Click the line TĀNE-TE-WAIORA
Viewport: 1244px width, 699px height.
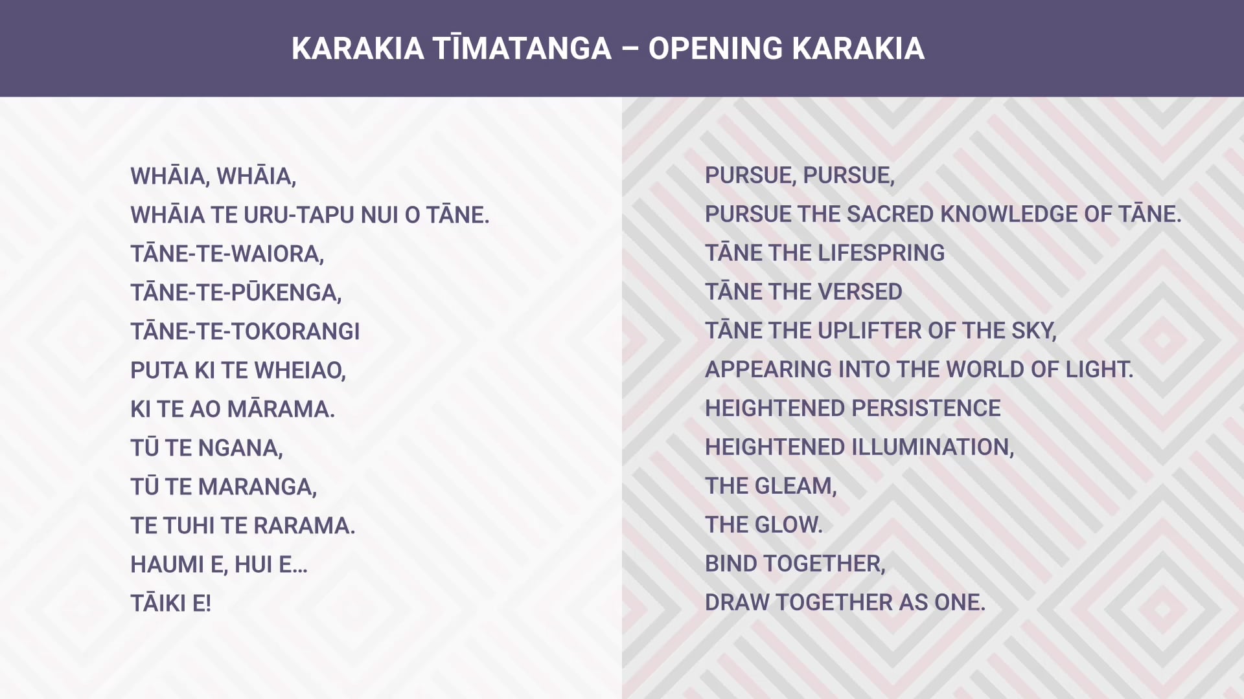[x=227, y=254]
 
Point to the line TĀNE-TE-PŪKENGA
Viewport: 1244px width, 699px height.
[x=236, y=293]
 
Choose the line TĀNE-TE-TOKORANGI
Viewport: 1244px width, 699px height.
[x=245, y=331]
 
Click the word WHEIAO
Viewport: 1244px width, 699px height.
[x=300, y=370]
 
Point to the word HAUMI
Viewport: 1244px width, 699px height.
[x=167, y=564]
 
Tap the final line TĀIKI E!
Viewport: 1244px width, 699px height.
[x=171, y=603]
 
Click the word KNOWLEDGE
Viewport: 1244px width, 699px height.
[x=1003, y=214]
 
